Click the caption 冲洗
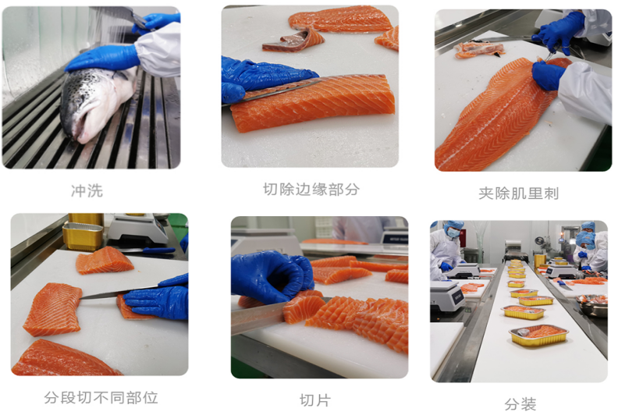tap(87, 191)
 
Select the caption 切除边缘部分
tap(311, 189)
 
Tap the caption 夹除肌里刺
tap(519, 194)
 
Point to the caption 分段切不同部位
tap(101, 397)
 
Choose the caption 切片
tap(315, 400)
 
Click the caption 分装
tap(520, 404)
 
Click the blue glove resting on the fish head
tap(103, 59)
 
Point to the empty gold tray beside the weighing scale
tap(83, 236)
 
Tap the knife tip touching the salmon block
tap(82, 298)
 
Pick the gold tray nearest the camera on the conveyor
tap(538, 336)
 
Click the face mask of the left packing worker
tap(453, 233)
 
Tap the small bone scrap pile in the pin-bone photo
tap(479, 50)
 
